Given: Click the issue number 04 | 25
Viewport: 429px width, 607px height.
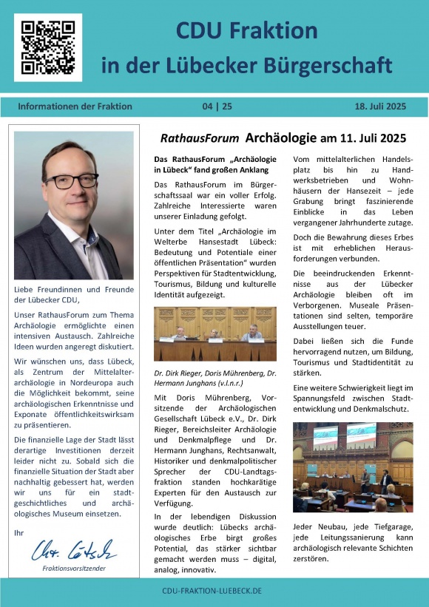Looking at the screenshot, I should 217,106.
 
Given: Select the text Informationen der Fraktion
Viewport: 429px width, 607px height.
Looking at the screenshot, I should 75,106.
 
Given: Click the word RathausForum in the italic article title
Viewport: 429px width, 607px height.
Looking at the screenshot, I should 200,138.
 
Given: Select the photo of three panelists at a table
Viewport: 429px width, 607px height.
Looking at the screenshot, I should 214,334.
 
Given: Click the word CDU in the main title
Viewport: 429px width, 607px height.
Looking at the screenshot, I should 200,30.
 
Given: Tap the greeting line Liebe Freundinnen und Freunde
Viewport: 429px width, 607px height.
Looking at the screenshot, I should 72,288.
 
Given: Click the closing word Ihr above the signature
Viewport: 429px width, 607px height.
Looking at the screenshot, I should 19,532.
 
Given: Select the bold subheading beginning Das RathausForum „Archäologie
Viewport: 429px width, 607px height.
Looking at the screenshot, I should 214,165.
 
